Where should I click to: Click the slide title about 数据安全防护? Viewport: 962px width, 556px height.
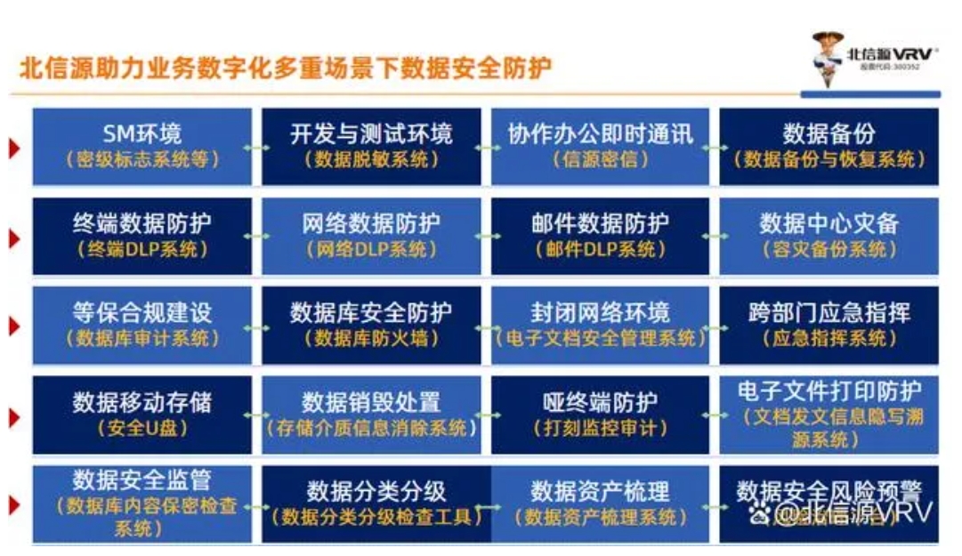click(285, 68)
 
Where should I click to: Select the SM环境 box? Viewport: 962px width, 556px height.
click(142, 146)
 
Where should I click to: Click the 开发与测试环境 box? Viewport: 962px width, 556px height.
click(371, 146)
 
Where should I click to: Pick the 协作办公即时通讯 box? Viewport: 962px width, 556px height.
click(601, 146)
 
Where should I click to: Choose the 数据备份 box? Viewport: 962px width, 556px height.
click(829, 146)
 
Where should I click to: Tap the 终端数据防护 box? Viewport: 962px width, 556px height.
click(142, 236)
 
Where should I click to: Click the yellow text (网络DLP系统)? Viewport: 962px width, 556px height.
click(371, 249)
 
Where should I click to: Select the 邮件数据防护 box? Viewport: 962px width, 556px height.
click(601, 236)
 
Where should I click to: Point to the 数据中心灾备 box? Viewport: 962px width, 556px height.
click(829, 236)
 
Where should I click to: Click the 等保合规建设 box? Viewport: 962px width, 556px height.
click(142, 325)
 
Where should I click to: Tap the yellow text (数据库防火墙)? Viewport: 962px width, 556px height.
click(371, 338)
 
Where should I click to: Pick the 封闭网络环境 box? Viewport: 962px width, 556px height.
click(601, 325)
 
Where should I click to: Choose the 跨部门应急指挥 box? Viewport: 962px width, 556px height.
click(829, 325)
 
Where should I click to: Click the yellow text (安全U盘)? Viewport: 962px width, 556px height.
click(142, 428)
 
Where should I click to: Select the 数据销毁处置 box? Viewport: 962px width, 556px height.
click(371, 415)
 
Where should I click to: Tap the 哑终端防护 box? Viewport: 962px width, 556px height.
click(601, 415)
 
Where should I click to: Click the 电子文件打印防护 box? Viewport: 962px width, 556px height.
click(829, 415)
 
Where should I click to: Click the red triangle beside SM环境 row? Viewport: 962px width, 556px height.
click(13, 148)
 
